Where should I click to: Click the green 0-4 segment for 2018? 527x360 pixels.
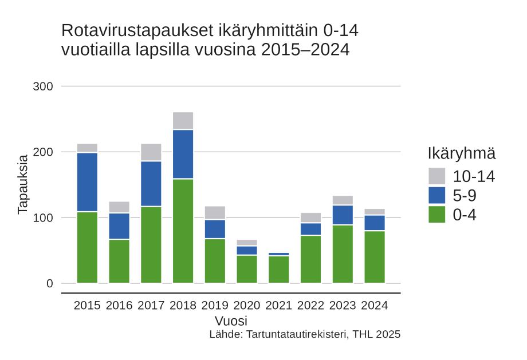(183, 231)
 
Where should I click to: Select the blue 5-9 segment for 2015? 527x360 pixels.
(87, 182)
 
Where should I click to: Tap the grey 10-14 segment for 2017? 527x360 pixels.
(151, 152)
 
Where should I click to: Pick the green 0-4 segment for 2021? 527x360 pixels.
(279, 269)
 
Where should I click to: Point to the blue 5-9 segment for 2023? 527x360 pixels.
(343, 215)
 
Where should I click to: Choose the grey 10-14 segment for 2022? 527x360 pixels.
(310, 217)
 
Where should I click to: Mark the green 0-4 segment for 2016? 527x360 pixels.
(119, 261)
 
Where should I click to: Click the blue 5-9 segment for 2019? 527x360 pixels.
(215, 229)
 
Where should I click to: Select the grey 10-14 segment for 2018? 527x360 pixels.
(183, 121)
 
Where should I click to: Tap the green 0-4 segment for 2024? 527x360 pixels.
(375, 256)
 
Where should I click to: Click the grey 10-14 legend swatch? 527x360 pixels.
(436, 176)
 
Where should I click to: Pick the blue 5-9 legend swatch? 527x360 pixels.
(436, 195)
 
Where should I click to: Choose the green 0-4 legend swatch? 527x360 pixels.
(436, 215)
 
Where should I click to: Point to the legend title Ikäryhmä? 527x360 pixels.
(461, 153)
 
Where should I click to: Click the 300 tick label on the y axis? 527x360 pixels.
(42, 86)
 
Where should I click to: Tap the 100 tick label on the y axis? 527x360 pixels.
(42, 218)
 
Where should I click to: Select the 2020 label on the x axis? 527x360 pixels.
(247, 306)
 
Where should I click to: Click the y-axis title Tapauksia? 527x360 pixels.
(23, 184)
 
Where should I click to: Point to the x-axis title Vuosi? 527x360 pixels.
(231, 321)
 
